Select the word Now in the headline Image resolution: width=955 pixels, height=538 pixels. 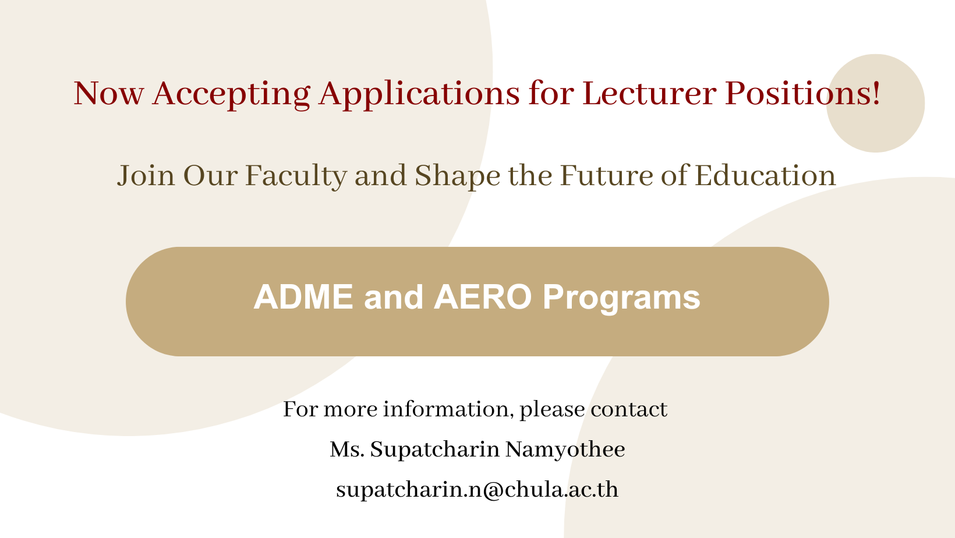pyautogui.click(x=109, y=93)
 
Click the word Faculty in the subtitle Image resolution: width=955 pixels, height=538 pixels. pyautogui.click(x=295, y=176)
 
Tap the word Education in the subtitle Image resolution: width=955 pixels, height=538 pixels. pyautogui.click(x=765, y=175)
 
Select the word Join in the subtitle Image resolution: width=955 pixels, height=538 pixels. pyautogui.click(x=146, y=175)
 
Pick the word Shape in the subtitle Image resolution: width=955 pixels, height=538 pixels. pyautogui.click(x=457, y=176)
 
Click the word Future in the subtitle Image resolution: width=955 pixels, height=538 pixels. pyautogui.click(x=606, y=175)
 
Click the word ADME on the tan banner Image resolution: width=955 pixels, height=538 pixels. pyautogui.click(x=303, y=297)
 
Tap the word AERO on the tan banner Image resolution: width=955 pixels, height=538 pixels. pyautogui.click(x=483, y=297)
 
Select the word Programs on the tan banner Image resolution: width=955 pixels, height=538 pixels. pyautogui.click(x=621, y=299)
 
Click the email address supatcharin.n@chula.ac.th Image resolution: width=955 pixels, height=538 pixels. pyautogui.click(x=477, y=490)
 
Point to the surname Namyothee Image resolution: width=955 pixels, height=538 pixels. pyautogui.click(x=565, y=449)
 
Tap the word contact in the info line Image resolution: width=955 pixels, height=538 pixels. pyautogui.click(x=629, y=409)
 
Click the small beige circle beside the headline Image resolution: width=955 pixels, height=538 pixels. pyautogui.click(x=875, y=103)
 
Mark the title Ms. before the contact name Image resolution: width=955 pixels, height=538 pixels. pyautogui.click(x=346, y=449)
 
